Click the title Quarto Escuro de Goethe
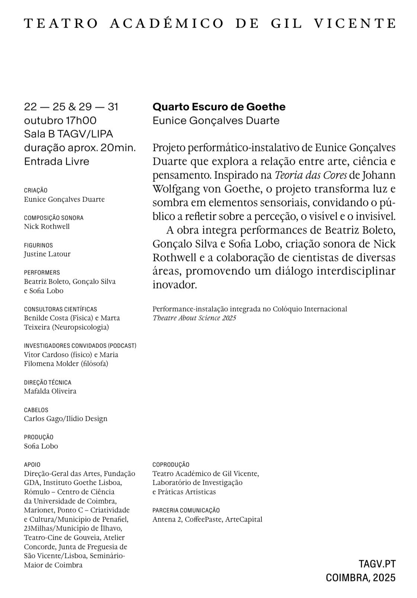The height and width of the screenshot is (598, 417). pyautogui.click(x=219, y=107)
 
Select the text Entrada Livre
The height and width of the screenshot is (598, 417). pyautogui.click(x=57, y=161)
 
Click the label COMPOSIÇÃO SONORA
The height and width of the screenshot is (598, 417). pyautogui.click(x=54, y=218)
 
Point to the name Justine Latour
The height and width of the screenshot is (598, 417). pyautogui.click(x=47, y=254)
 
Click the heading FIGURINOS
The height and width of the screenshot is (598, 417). pyautogui.click(x=38, y=245)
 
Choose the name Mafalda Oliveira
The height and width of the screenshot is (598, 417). pyautogui.click(x=50, y=391)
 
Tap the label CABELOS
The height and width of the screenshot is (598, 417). pyautogui.click(x=36, y=410)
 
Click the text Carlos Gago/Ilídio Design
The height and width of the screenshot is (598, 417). pyautogui.click(x=65, y=418)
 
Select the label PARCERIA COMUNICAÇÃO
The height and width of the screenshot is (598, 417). pyautogui.click(x=186, y=510)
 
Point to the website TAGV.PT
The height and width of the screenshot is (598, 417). pyautogui.click(x=377, y=564)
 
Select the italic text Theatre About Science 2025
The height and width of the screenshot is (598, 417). pyautogui.click(x=194, y=318)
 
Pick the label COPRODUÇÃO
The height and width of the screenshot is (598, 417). pyautogui.click(x=171, y=465)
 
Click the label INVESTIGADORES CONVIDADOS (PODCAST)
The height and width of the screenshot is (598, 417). pyautogui.click(x=80, y=346)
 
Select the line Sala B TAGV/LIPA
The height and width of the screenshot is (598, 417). pyautogui.click(x=68, y=134)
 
